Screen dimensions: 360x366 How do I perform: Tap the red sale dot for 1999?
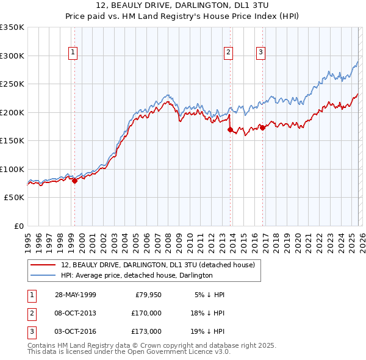coord(74,181)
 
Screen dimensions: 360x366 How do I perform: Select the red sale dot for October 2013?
coord(229,129)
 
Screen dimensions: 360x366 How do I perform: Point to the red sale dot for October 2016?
coord(262,128)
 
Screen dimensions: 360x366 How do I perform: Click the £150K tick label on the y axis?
coord(12,140)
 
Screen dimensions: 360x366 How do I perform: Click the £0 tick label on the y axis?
coord(18,226)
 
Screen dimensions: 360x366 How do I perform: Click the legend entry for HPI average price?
coord(136,275)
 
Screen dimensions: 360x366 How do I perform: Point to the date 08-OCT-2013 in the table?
coord(75,313)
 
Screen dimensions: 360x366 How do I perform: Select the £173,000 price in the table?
coord(146,331)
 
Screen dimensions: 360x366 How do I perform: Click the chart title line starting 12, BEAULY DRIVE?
coord(183,6)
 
